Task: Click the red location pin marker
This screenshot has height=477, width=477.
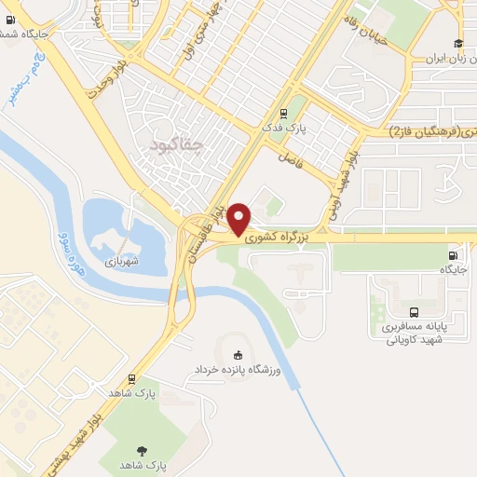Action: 239,218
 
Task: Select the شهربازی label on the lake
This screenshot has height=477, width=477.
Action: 121,261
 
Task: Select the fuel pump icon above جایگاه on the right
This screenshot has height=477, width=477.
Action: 453,255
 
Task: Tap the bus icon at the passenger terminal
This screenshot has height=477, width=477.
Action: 414,313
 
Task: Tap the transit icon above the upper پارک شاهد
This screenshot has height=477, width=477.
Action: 131,378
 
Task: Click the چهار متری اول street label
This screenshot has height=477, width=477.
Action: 199,35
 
